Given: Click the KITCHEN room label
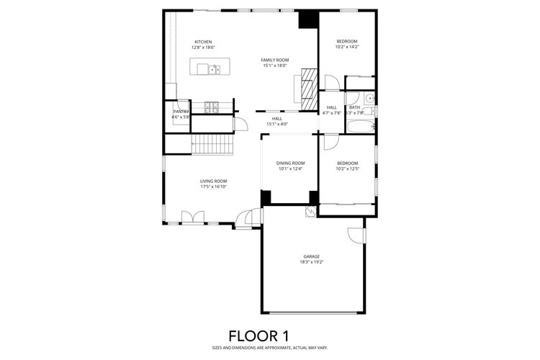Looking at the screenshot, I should click(x=203, y=41).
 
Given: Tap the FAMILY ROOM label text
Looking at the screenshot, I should click(x=274, y=60).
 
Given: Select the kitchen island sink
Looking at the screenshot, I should click(x=215, y=69).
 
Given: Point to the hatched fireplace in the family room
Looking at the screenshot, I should click(x=308, y=89).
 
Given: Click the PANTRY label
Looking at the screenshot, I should click(x=180, y=112).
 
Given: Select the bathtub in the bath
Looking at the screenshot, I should click(x=360, y=127).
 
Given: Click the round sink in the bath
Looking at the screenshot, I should click(x=369, y=99).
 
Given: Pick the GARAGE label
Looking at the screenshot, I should click(x=311, y=256).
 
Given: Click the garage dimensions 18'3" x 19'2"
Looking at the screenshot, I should click(x=311, y=262).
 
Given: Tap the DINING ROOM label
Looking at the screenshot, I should click(x=290, y=163).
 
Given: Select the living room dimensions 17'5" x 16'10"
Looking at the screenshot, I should click(x=214, y=187).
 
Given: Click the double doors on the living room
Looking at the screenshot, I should click(x=192, y=217).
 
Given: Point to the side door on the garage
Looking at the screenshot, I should click(x=354, y=235).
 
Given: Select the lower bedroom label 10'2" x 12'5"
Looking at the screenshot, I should click(x=347, y=169).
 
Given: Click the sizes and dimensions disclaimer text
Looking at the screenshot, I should click(x=269, y=348).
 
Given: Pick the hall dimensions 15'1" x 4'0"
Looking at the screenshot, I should click(x=277, y=124).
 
